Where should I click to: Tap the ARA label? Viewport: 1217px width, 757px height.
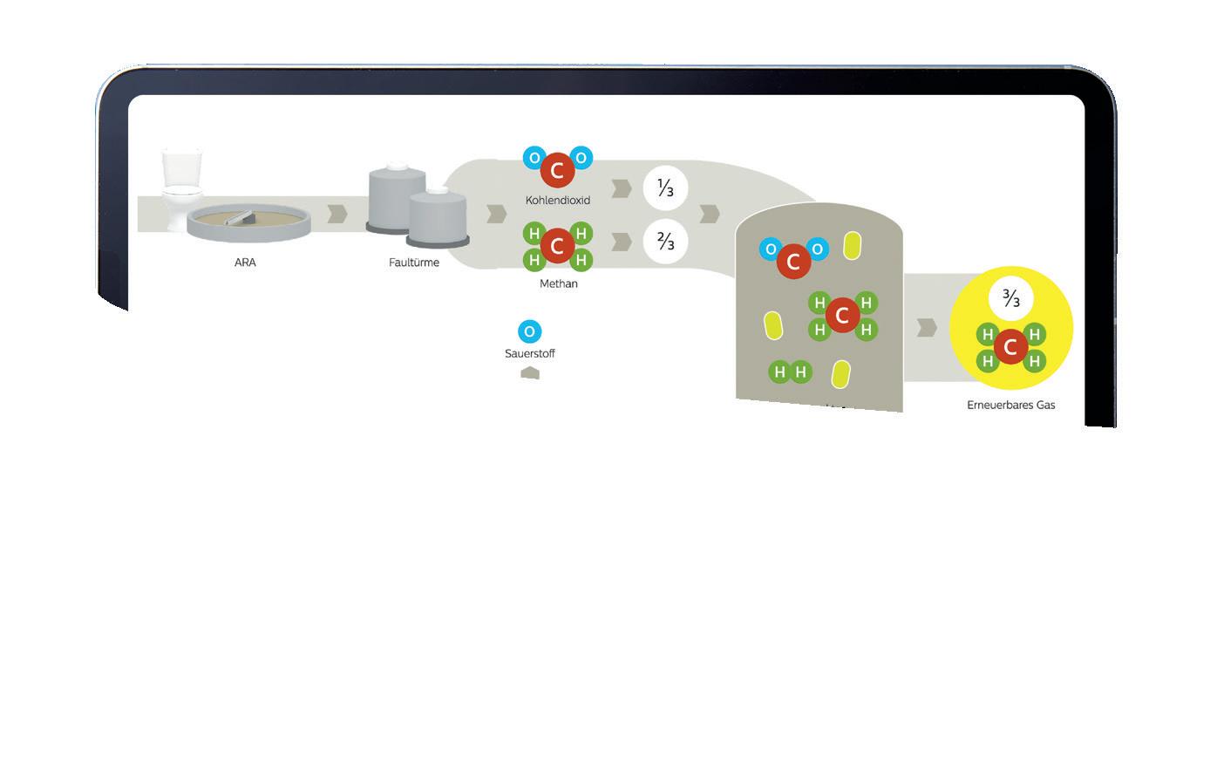click(245, 263)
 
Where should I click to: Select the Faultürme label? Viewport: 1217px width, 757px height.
click(414, 263)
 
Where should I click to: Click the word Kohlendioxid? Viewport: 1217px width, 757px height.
click(558, 201)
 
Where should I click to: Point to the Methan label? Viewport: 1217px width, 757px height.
click(558, 283)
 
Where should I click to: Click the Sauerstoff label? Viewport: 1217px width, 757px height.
click(529, 353)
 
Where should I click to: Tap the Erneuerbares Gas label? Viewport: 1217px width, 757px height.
click(1011, 405)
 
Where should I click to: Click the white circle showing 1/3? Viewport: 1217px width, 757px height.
click(665, 188)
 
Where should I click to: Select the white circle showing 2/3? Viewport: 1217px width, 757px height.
click(665, 242)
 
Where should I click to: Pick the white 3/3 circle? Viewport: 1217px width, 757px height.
click(1010, 299)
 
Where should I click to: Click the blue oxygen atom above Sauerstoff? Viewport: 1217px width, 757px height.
click(529, 331)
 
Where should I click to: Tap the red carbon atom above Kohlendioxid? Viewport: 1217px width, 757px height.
click(557, 171)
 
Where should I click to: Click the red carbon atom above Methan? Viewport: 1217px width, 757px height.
click(557, 246)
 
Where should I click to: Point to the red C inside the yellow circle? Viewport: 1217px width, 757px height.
click(1010, 347)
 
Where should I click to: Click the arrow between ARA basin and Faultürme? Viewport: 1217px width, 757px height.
click(337, 214)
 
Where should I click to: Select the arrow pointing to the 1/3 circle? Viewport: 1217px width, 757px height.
click(622, 188)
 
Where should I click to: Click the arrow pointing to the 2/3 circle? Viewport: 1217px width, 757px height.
click(622, 242)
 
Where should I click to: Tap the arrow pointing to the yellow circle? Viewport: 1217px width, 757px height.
click(928, 327)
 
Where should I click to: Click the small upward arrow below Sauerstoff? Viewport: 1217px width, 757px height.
click(529, 373)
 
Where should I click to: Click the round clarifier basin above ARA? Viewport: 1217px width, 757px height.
click(249, 222)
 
